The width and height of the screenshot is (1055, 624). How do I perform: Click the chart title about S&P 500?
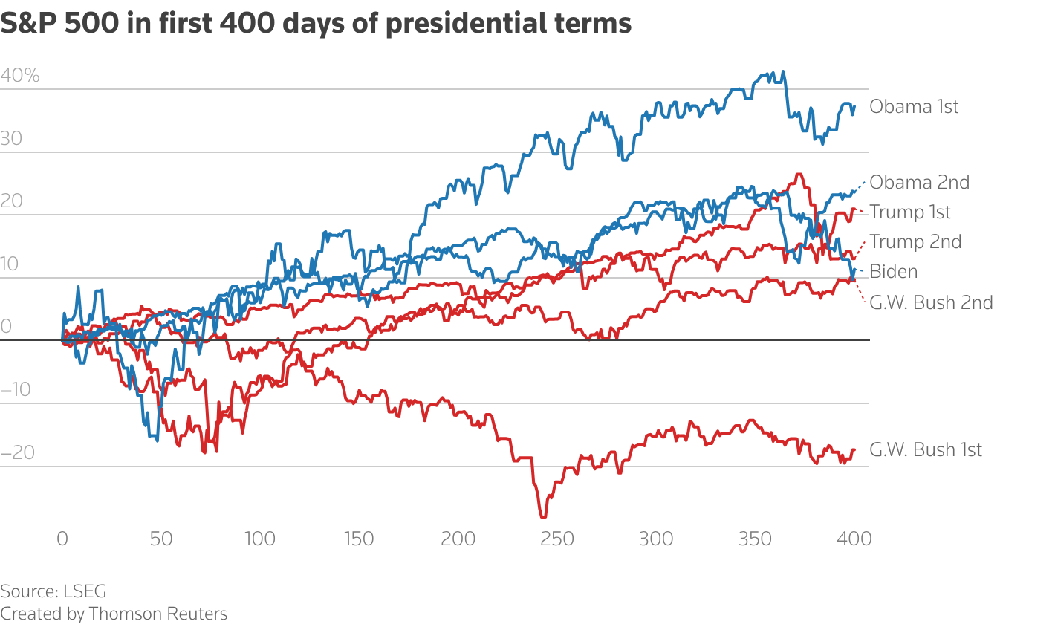point(316,23)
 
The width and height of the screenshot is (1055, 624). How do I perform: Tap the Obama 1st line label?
point(914,107)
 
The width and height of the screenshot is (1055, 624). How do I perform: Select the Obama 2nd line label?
point(919,182)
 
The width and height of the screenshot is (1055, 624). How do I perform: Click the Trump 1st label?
point(910,212)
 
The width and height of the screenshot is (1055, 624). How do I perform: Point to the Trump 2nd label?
point(915,242)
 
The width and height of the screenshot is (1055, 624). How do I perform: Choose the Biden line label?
point(893,272)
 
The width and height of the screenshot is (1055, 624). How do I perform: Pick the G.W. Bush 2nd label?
point(931,302)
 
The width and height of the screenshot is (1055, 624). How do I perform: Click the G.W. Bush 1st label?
point(926,450)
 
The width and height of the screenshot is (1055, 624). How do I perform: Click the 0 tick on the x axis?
point(62,539)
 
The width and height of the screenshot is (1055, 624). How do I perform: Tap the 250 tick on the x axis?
point(557,539)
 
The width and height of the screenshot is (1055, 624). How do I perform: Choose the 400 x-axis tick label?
point(854,539)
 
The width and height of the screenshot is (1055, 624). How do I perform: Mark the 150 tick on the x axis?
point(359,539)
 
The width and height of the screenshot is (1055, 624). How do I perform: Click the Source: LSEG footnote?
point(53,591)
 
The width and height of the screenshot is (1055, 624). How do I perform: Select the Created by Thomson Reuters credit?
point(114,614)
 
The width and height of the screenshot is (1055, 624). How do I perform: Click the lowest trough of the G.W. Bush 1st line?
point(543,516)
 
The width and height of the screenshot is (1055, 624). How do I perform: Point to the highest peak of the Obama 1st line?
point(782,72)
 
